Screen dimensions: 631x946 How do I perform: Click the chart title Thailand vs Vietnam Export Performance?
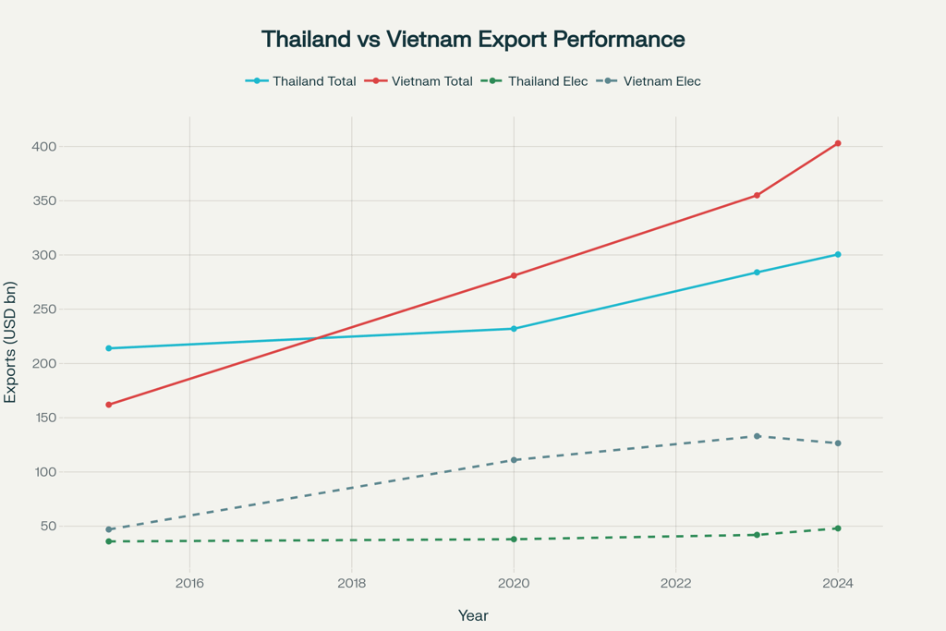click(473, 40)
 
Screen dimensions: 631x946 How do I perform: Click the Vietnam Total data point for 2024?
click(838, 143)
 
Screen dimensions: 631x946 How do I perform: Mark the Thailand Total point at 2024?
click(838, 254)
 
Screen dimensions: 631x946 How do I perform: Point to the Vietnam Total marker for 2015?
click(109, 405)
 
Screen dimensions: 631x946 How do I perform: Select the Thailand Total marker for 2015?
click(109, 348)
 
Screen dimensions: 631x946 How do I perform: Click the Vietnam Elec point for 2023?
click(757, 436)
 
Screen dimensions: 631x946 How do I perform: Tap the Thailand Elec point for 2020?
click(514, 540)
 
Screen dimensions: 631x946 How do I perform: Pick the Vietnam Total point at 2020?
click(514, 275)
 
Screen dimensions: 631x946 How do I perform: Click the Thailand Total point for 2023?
click(757, 273)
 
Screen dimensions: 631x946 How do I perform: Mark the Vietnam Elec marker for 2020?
click(514, 460)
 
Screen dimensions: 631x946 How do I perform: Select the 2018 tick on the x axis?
click(351, 583)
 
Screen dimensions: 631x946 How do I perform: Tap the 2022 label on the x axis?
click(675, 583)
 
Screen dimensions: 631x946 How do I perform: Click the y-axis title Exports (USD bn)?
click(11, 342)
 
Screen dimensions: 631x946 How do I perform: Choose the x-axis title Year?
click(473, 615)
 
